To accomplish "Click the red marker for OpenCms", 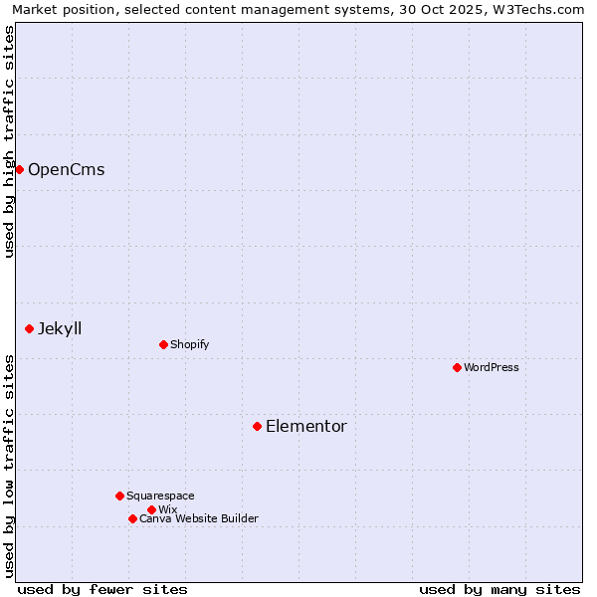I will pos(19,169).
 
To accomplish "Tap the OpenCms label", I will pos(66,169).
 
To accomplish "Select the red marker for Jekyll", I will pos(29,328).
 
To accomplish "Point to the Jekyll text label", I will pos(60,328).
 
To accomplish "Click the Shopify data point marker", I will pos(163,344).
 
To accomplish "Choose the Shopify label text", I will pos(189,344).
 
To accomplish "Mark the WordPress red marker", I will pos(457,367).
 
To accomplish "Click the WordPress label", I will pos(492,367).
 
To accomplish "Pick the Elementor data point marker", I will pos(257,426).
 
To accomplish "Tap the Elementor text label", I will pos(306,426).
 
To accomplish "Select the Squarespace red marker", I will pos(119,496).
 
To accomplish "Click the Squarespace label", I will pos(160,496).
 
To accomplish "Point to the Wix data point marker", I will pos(151,509).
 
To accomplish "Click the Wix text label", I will pos(167,509).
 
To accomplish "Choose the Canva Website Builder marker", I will pos(132,518).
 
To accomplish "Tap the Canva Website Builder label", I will pos(199,518).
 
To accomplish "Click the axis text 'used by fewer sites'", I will pos(102,589).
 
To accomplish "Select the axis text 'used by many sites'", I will pos(499,589).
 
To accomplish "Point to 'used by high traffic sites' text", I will pos(9,141).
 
